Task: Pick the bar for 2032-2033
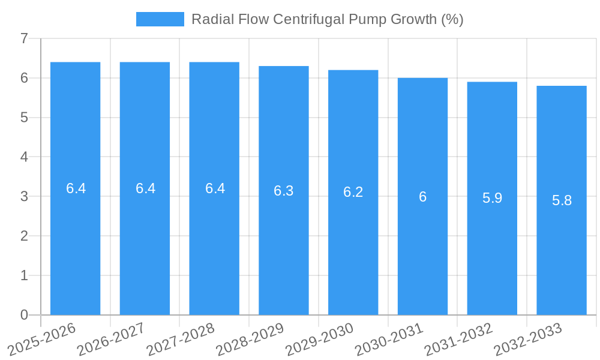562,252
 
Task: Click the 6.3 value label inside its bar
284,191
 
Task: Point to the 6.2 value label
353,193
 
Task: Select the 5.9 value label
492,199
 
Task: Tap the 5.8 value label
562,200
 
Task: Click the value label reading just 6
422,197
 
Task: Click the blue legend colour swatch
160,19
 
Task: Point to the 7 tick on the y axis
24,38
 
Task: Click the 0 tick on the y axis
24,315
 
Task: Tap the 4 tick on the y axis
24,157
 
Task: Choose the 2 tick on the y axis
24,236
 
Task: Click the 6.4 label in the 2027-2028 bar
215,188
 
